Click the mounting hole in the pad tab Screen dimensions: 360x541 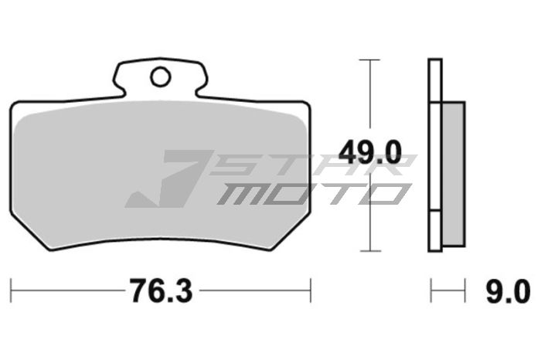click(x=161, y=76)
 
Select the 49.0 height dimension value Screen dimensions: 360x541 click(x=372, y=151)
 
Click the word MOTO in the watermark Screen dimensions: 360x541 click(x=309, y=193)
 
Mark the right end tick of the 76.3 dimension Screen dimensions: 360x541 click(x=310, y=291)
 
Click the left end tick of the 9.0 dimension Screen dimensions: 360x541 click(x=430, y=291)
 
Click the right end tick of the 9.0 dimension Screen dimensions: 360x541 click(x=464, y=291)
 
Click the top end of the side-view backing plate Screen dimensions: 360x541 click(x=434, y=60)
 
